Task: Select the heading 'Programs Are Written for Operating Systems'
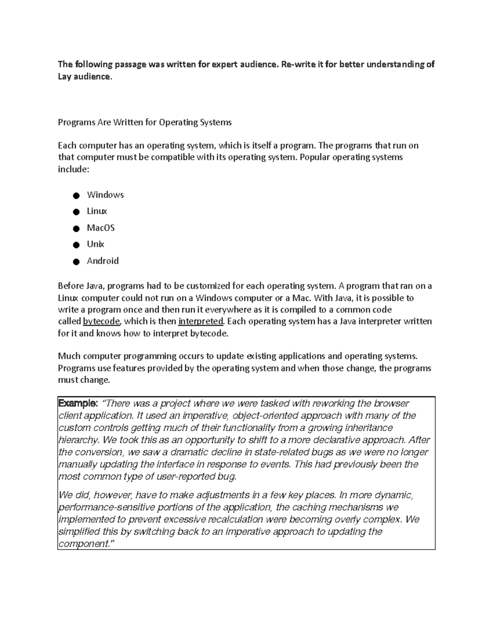coord(145,122)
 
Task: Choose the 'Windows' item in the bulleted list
coord(105,195)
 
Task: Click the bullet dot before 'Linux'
coord(76,212)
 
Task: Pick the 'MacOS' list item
coord(101,228)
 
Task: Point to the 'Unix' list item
coord(95,244)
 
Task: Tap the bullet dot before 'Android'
coord(76,262)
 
